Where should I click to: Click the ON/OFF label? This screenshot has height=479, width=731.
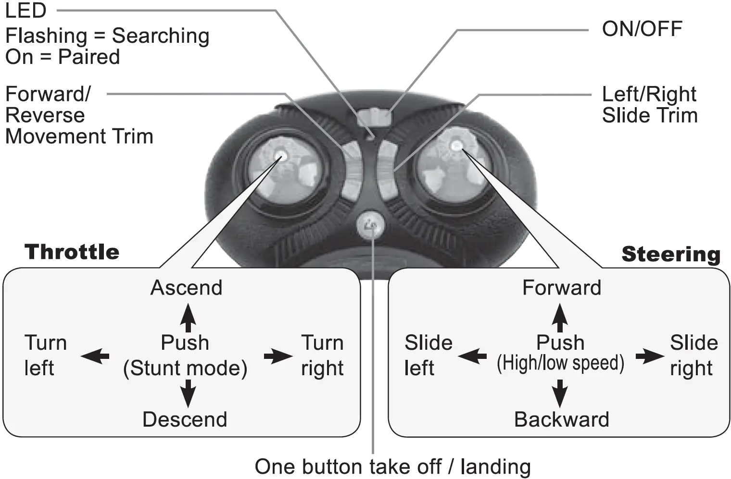(x=642, y=29)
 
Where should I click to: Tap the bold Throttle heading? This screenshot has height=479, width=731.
(x=72, y=252)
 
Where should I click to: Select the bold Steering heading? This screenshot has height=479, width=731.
(x=671, y=254)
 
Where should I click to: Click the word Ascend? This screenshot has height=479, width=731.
(x=187, y=288)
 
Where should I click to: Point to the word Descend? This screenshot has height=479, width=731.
(x=185, y=419)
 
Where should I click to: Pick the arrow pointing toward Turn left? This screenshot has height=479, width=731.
(x=95, y=356)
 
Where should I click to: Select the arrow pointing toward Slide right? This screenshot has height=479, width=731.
(x=649, y=356)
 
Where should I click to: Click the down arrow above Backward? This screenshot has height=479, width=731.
(x=559, y=393)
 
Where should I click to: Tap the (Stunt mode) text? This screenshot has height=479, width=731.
(x=185, y=368)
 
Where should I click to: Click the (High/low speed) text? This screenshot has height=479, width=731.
(x=560, y=364)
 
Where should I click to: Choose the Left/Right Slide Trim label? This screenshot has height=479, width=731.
(x=649, y=105)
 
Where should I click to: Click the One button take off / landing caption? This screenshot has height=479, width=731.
(x=392, y=467)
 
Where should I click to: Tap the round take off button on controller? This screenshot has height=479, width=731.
(x=371, y=224)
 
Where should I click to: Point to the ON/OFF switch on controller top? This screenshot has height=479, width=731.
(x=374, y=116)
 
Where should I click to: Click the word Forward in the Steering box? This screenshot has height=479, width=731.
(x=562, y=288)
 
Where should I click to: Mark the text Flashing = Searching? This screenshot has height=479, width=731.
(x=107, y=36)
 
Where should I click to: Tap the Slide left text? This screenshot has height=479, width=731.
(x=428, y=356)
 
